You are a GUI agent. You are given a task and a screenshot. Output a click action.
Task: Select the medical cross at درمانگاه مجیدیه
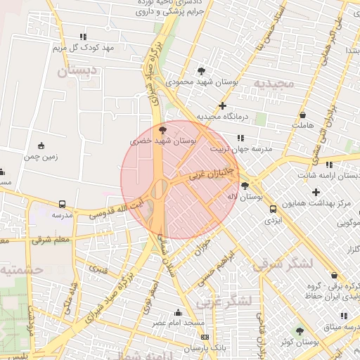[222, 106]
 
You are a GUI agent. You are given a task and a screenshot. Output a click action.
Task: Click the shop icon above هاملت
[302, 115]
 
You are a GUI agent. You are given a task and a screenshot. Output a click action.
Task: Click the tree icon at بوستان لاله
[244, 186]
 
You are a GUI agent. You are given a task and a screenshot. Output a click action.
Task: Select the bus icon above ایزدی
[273, 209]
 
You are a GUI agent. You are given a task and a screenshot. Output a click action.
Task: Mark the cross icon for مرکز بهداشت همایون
[316, 192]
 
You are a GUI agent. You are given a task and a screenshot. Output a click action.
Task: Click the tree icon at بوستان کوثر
[300, 330]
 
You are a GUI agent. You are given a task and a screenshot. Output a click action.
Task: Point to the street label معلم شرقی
[51, 240]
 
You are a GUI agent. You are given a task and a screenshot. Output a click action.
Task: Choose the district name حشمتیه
[21, 269]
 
